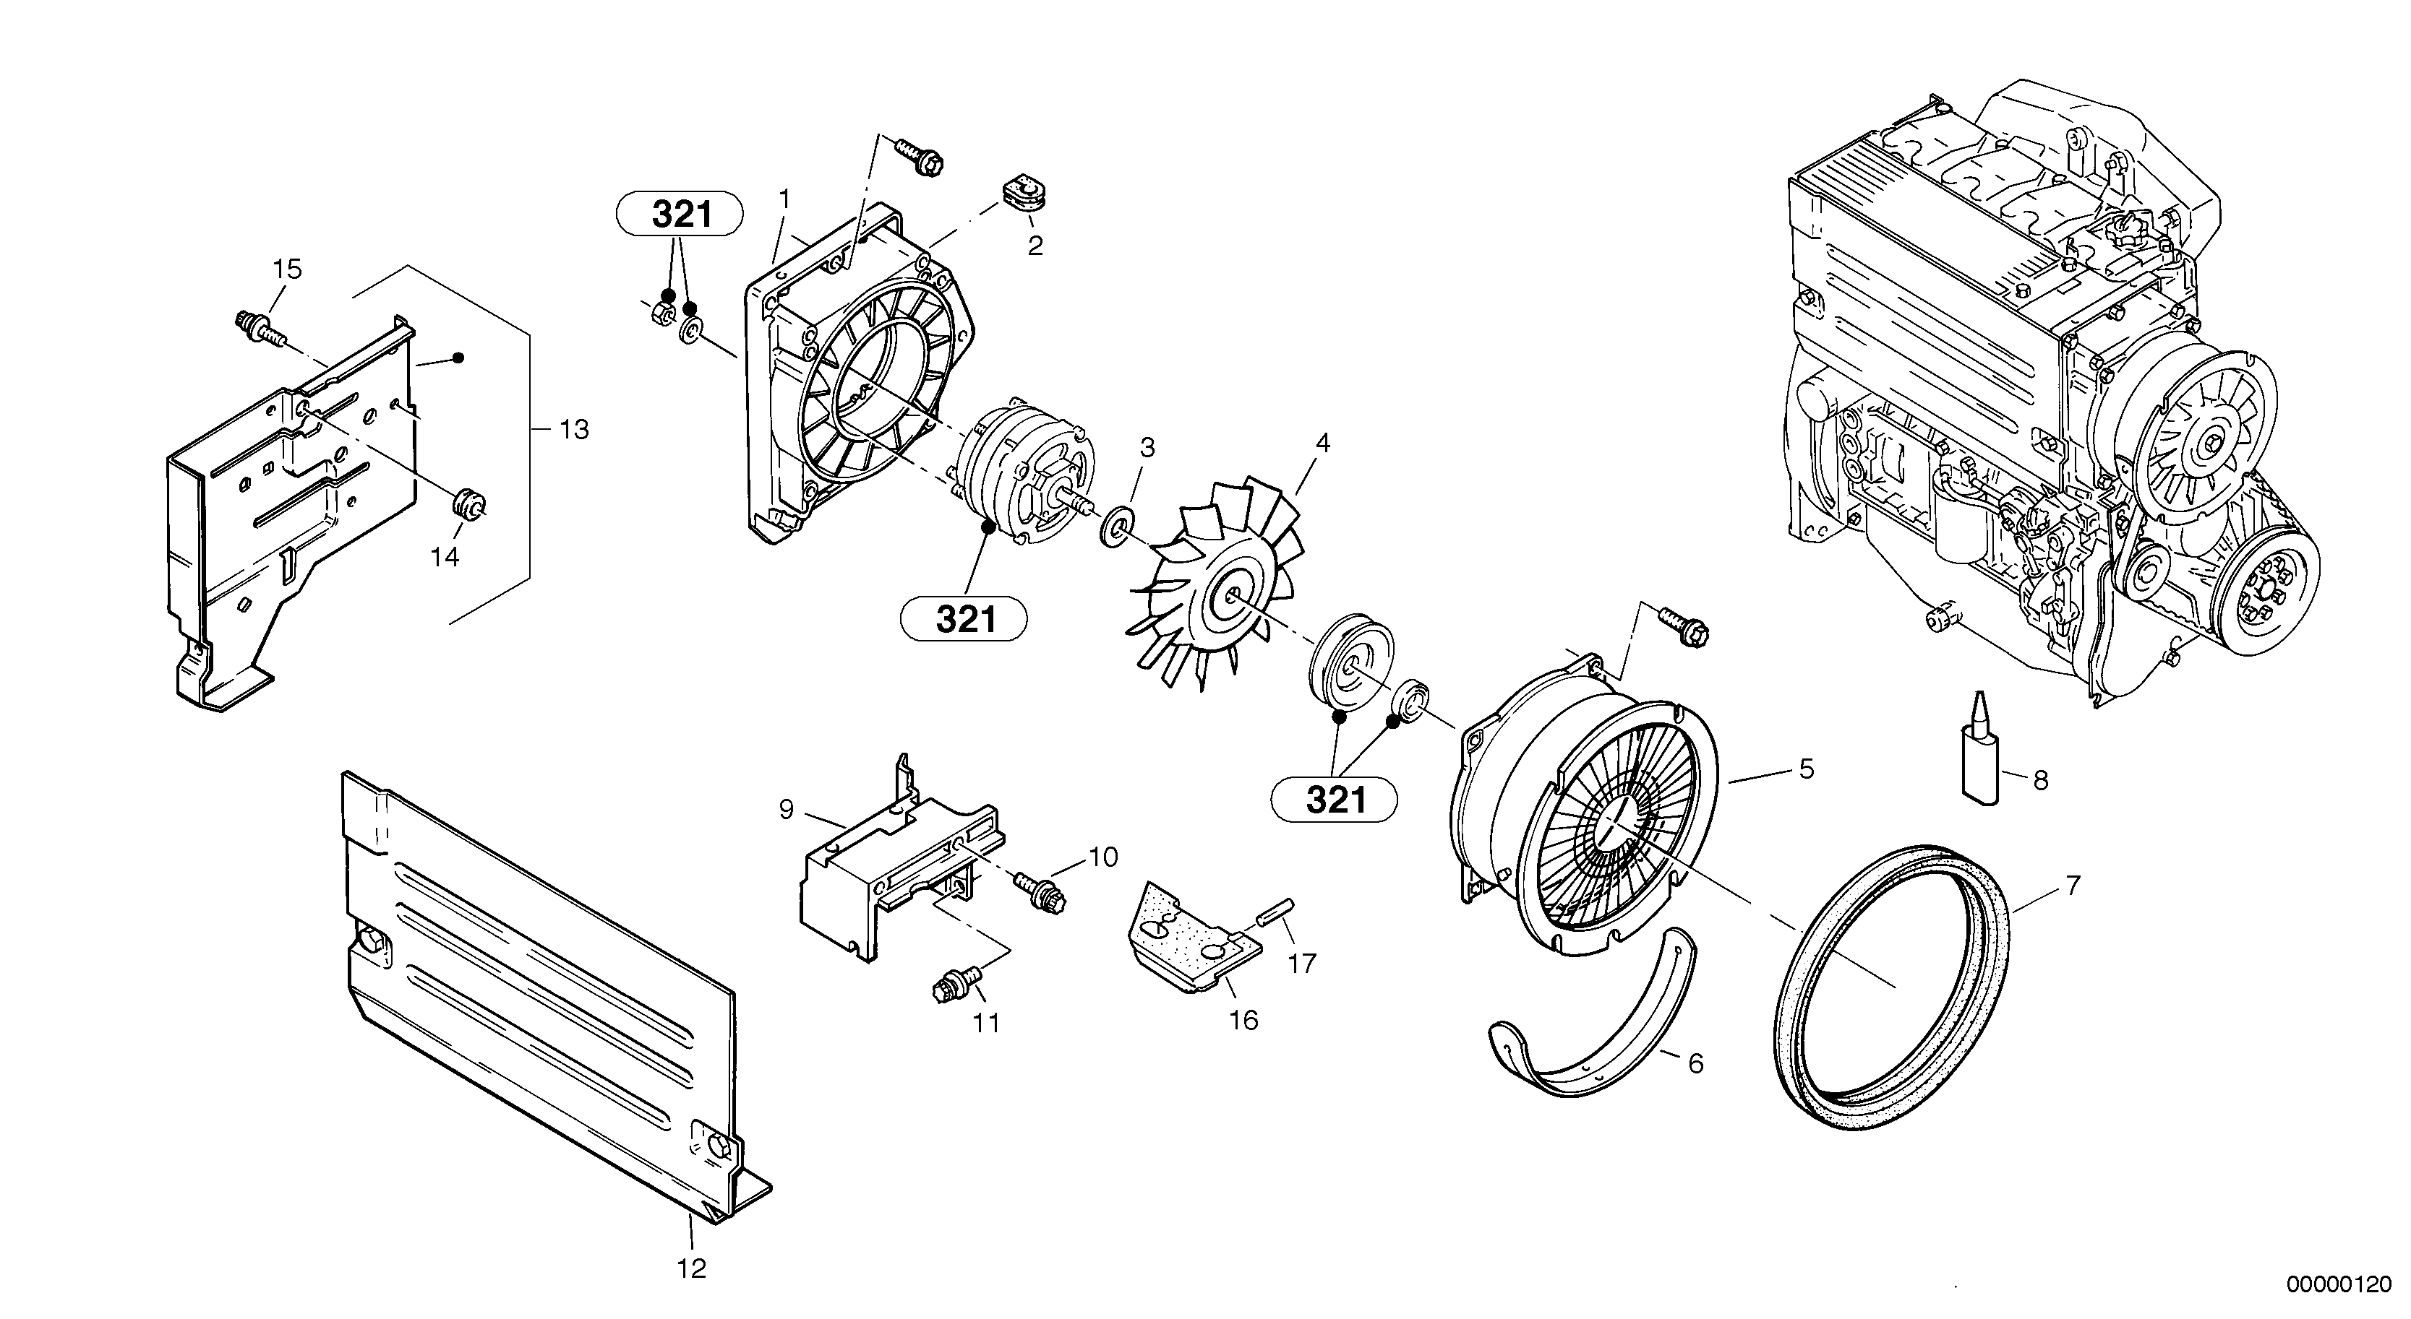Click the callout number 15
click(x=287, y=269)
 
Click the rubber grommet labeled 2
click(x=1025, y=199)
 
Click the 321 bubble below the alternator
click(x=963, y=619)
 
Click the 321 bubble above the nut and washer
click(x=680, y=215)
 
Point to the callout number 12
click(x=692, y=1269)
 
